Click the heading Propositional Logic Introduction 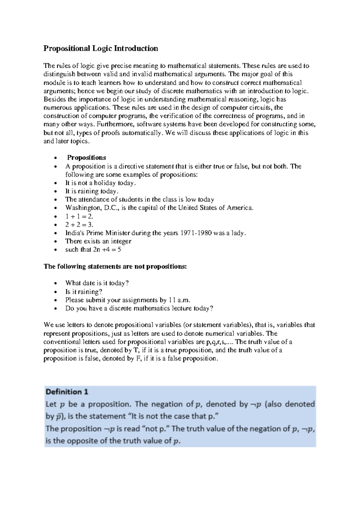tap(100, 49)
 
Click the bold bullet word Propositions tap(86, 158)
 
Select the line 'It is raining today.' tap(92, 191)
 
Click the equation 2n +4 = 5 tap(107, 249)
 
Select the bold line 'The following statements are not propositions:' tap(115, 267)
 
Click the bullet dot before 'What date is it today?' tap(55, 284)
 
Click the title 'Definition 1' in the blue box tap(67, 392)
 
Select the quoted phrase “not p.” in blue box tap(157, 429)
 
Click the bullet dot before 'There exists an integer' tap(55, 242)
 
